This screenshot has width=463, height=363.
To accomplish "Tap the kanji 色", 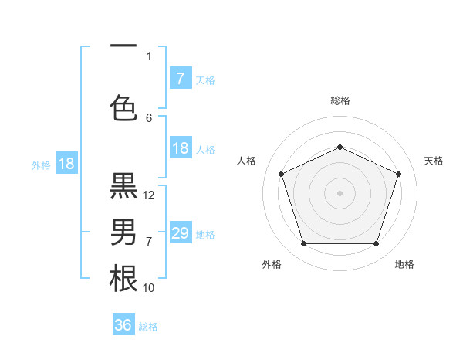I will point(123,106).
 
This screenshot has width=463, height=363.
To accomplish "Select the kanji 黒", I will point(123,188).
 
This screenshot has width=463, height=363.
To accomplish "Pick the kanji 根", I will point(123,278).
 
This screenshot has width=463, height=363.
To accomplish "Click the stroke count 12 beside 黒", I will point(150,195).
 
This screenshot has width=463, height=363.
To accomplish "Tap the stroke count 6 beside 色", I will point(149,118).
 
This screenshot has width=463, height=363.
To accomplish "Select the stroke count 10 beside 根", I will point(149,287).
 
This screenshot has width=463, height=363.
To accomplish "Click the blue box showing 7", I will point(180,78).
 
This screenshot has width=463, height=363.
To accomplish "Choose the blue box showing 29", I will point(180,233).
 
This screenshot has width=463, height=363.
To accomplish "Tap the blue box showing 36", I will point(123,325).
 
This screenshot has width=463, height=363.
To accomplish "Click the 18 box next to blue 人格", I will point(180,148).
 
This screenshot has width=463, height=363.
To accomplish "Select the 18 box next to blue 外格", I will point(66,164).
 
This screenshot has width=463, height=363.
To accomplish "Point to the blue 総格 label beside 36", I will point(148,327).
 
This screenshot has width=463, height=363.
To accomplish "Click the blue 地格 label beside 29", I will point(205,235).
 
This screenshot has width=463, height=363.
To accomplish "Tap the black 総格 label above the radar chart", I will point(340,100).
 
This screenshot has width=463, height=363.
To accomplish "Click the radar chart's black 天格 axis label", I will point(434,161).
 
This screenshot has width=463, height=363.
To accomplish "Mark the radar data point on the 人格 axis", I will point(282,174).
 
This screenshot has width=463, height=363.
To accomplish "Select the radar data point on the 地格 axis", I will point(376,244).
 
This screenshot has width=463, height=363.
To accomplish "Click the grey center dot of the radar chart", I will point(340,192).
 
